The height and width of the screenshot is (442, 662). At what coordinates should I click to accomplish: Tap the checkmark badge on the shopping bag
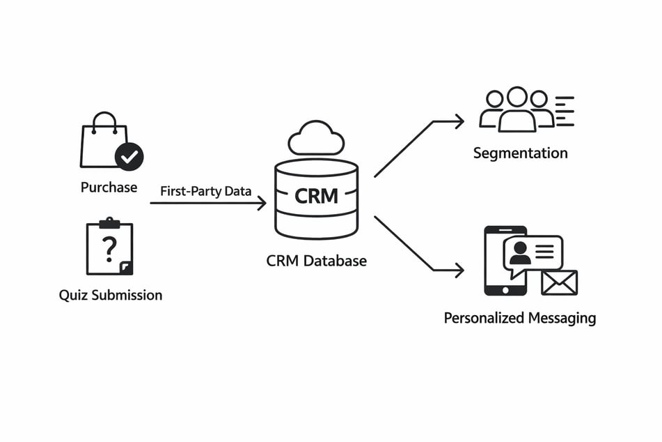click(129, 157)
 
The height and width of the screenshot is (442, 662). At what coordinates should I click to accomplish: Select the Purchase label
click(109, 187)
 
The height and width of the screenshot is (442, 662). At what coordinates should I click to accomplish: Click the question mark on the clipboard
click(109, 249)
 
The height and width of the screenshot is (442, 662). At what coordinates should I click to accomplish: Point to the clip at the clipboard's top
click(109, 223)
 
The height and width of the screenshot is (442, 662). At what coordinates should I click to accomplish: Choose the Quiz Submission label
click(111, 295)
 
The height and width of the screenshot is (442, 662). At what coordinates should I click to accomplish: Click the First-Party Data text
click(205, 191)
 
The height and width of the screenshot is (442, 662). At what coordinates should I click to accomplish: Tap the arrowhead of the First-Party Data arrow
click(262, 203)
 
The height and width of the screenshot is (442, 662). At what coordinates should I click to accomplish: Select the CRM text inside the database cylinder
click(316, 196)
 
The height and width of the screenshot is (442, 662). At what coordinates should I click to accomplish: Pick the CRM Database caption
click(316, 261)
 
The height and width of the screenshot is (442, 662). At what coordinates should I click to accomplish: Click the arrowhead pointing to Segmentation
click(459, 122)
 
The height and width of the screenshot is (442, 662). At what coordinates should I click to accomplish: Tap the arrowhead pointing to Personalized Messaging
click(459, 270)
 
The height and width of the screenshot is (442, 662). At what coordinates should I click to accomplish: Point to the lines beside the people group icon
click(565, 112)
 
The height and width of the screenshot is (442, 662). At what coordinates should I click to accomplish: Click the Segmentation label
click(520, 153)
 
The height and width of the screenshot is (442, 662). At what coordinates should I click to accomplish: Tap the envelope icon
click(560, 282)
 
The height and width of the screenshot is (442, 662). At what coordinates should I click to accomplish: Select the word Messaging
click(562, 318)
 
